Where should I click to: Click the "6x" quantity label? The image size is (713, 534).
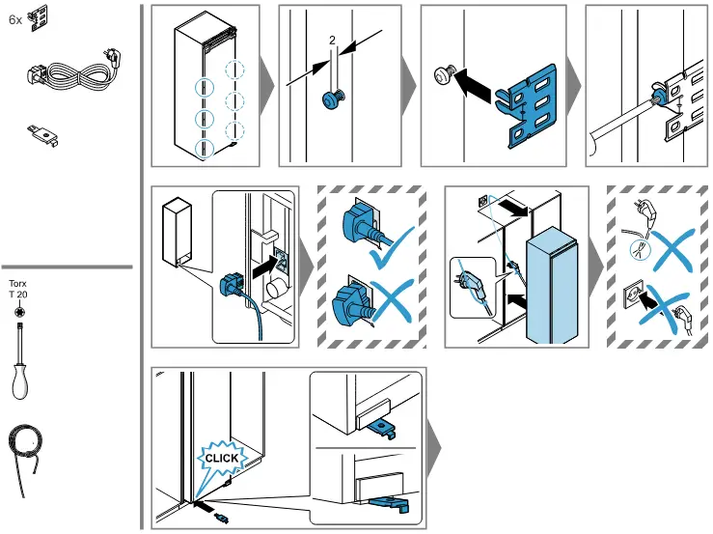click(14, 18)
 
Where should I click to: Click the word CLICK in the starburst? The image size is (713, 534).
click(221, 458)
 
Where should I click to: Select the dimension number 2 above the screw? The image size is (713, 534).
click(332, 41)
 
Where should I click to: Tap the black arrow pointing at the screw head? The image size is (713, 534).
click(474, 84)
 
